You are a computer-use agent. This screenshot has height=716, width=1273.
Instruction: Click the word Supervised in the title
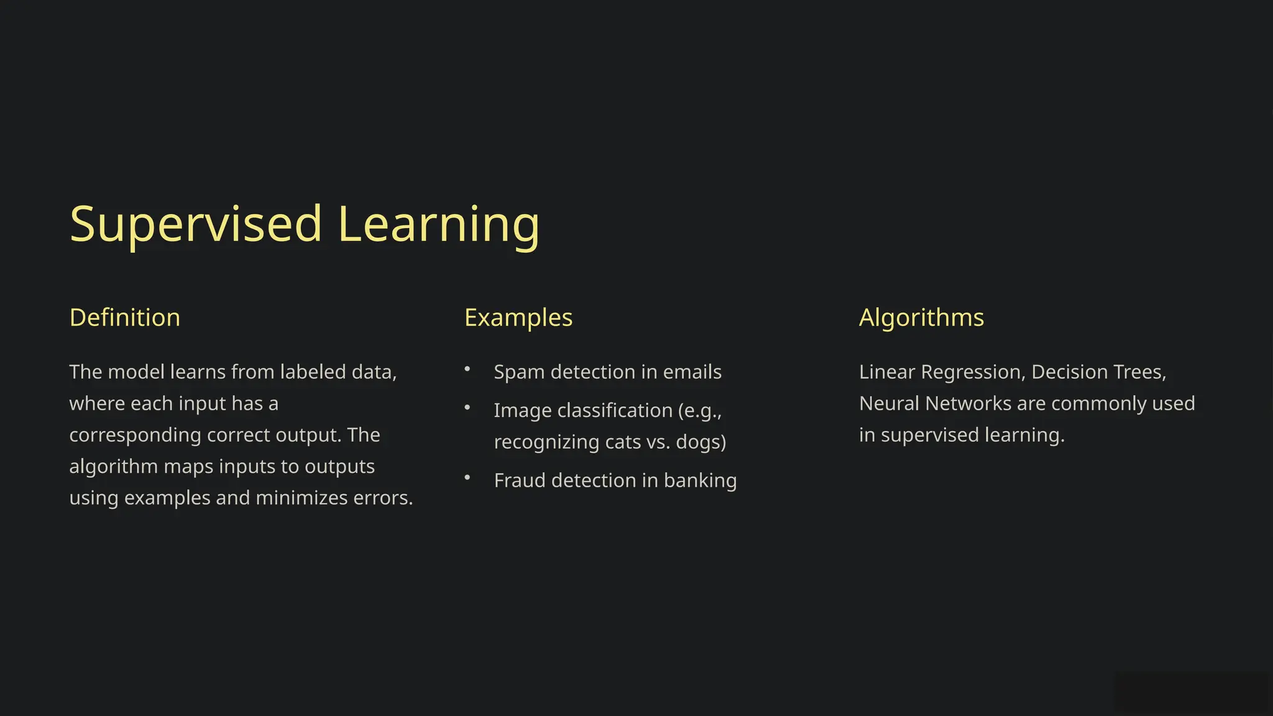tap(196, 224)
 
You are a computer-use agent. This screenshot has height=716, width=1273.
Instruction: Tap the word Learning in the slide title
tap(439, 224)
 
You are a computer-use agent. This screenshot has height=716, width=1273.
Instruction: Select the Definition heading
tap(125, 318)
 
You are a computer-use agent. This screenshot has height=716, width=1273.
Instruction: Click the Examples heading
tap(518, 318)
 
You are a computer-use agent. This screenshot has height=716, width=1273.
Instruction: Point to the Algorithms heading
tap(921, 318)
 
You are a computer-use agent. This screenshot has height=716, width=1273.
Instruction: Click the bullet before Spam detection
tap(467, 369)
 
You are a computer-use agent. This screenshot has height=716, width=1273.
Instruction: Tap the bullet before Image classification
tap(467, 408)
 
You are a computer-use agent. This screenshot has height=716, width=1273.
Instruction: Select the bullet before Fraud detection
tap(467, 478)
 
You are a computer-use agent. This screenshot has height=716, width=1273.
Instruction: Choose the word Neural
tap(889, 404)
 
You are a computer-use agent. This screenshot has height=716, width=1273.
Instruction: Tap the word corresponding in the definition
tap(135, 435)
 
